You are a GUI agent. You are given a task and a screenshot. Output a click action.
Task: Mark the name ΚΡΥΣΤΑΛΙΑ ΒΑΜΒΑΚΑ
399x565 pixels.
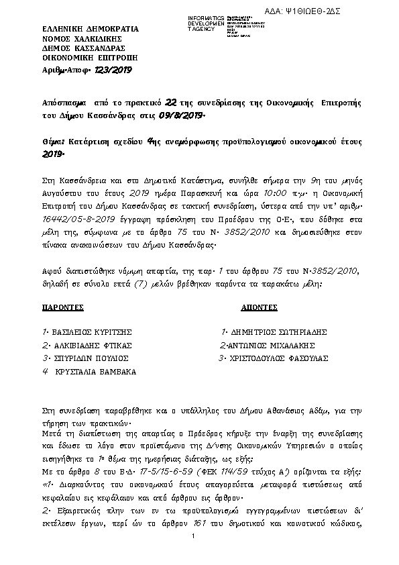(x=96, y=371)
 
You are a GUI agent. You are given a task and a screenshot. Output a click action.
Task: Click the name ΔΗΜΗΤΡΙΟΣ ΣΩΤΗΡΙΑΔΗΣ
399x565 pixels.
(x=277, y=332)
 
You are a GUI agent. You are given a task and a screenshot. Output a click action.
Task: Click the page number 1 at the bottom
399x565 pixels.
(x=193, y=554)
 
